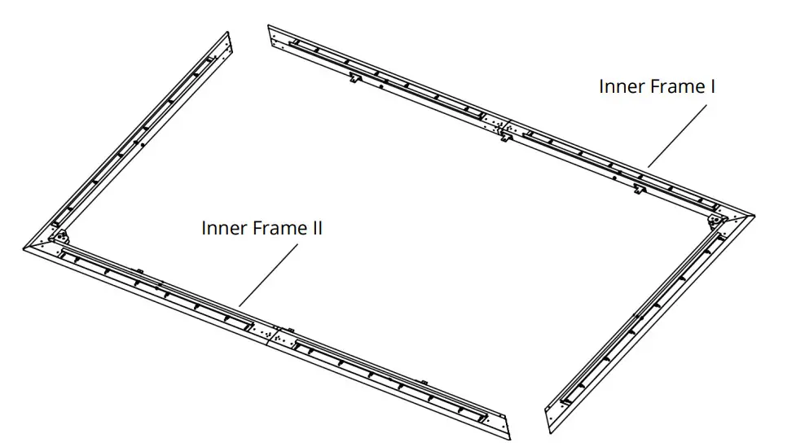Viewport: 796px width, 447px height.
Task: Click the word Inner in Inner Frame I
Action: coord(620,86)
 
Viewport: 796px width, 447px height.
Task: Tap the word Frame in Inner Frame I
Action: coord(673,86)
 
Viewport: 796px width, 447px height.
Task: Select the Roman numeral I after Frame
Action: coord(712,86)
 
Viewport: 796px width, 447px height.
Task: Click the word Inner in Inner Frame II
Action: coord(222,229)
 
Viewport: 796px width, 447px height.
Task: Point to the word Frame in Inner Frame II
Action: coord(275,229)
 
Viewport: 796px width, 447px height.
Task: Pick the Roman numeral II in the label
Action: coord(317,229)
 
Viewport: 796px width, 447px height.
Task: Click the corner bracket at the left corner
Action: coord(59,237)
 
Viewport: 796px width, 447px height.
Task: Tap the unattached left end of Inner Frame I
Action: coord(274,33)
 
